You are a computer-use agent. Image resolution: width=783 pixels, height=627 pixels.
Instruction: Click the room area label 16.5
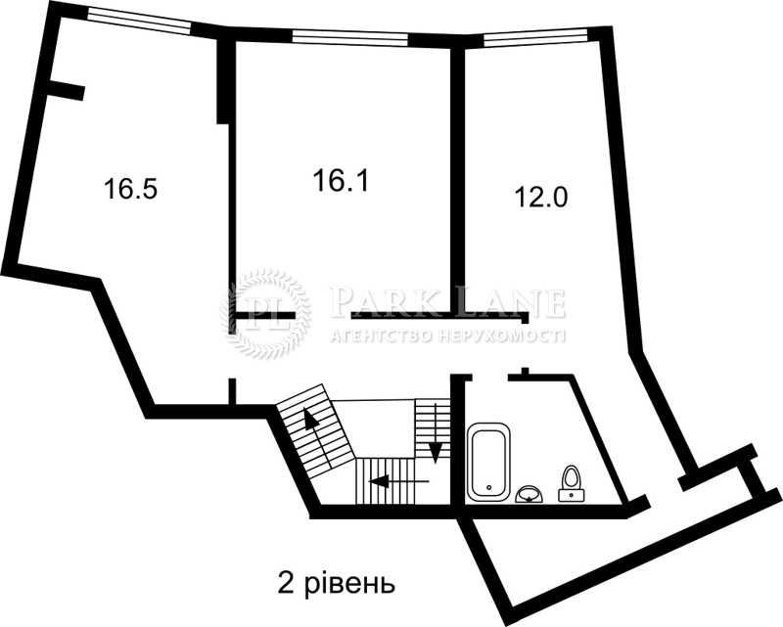click(x=131, y=189)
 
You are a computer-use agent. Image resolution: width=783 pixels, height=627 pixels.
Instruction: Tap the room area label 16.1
click(x=341, y=180)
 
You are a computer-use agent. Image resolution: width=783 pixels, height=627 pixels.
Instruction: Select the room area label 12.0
click(x=541, y=198)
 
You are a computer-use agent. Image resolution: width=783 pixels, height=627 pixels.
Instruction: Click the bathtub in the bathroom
click(x=488, y=461)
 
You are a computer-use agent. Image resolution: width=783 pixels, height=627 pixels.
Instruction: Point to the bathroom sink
click(x=530, y=493)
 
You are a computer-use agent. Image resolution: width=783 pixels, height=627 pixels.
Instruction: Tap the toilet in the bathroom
click(x=571, y=483)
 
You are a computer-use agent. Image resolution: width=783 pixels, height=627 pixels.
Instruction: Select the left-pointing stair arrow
click(x=398, y=481)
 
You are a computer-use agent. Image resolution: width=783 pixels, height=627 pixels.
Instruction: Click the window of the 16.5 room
click(x=139, y=20)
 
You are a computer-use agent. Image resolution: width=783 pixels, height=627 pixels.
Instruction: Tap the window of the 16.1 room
click(x=350, y=38)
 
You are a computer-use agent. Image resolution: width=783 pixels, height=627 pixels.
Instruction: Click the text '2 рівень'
click(x=336, y=584)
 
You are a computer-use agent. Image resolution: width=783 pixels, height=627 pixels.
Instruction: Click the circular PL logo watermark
click(x=265, y=313)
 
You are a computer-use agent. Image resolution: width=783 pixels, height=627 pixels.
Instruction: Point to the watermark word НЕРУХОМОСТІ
click(x=502, y=336)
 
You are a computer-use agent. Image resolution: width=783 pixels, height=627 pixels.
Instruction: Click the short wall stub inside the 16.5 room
click(x=65, y=91)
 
